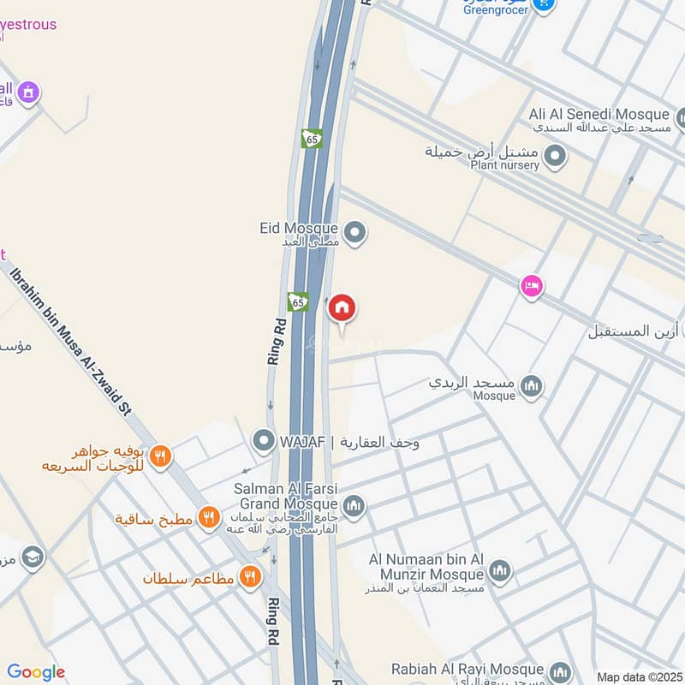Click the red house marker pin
pos(342,307)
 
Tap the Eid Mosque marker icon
pos(354,231)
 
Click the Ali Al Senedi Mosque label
pos(599,115)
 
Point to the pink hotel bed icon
pos(532,286)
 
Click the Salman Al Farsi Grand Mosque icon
pos(354,506)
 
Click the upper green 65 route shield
pos(312,138)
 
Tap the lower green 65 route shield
pos(298,301)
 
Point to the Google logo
pos(36,673)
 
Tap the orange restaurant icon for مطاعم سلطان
pos(250,577)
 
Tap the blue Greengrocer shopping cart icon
pos(542,4)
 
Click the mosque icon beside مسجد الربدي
pos(532,386)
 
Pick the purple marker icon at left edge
pos(28,92)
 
